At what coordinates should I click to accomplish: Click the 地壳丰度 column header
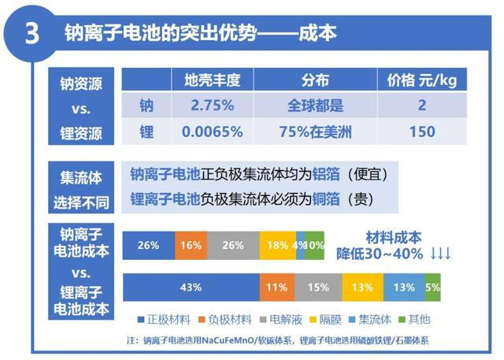pos(212,80)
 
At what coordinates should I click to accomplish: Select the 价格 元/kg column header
pos(421,80)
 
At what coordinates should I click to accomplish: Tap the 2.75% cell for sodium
pos(212,106)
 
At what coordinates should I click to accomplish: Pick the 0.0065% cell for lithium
pos(212,132)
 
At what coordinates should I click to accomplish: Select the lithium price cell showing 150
pos(421,132)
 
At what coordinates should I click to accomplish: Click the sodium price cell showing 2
pos(421,106)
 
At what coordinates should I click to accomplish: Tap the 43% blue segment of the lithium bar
pos(191,288)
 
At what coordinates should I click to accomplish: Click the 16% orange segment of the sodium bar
pos(191,246)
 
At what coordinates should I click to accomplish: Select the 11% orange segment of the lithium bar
pos(276,288)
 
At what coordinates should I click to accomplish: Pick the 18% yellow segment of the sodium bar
pos(277,246)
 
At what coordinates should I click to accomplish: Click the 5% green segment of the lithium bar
pos(433,288)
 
